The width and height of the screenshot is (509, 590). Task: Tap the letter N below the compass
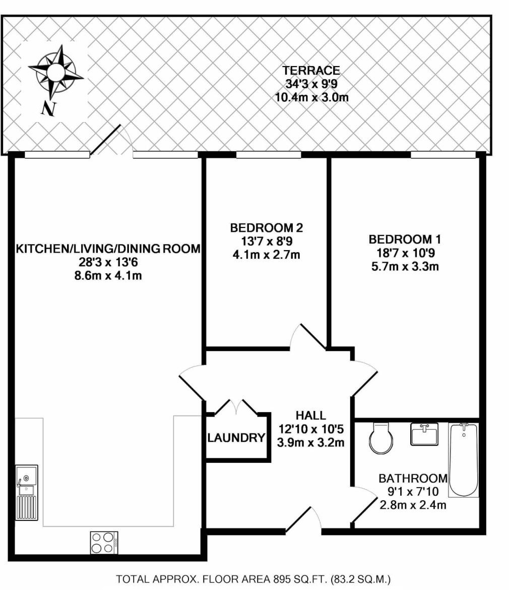pos(48,108)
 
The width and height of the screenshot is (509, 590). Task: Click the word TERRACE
pos(311,71)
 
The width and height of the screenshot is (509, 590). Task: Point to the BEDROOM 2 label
pos(267,228)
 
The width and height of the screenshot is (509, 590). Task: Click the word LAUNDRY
pos(236,438)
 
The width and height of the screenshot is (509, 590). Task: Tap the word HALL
pos(310,416)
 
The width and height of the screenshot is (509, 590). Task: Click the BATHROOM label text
pos(413,478)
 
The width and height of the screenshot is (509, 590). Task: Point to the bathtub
pos(463,459)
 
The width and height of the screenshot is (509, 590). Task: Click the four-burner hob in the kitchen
pos(104,543)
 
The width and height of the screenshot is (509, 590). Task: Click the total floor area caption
pos(253,579)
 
